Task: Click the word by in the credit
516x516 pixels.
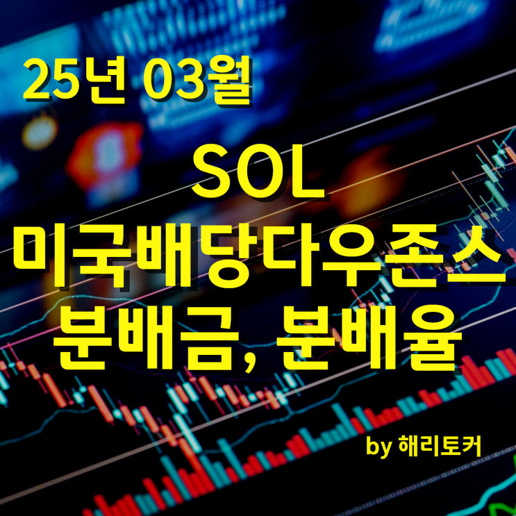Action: pos(379,447)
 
